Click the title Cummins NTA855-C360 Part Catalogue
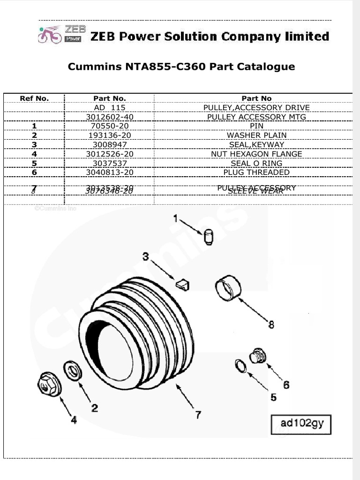click(181, 67)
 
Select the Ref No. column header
click(34, 98)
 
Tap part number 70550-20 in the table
click(109, 126)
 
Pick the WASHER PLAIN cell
click(256, 135)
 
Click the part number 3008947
click(109, 145)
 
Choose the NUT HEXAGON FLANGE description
click(256, 154)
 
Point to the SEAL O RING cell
click(256, 164)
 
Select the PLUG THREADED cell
click(256, 172)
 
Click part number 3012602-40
click(109, 117)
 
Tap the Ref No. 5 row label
click(34, 164)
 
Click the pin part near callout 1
click(209, 237)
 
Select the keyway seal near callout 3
click(183, 284)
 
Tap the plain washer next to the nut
click(73, 371)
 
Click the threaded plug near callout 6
click(257, 356)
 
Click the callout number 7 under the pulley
click(198, 415)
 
